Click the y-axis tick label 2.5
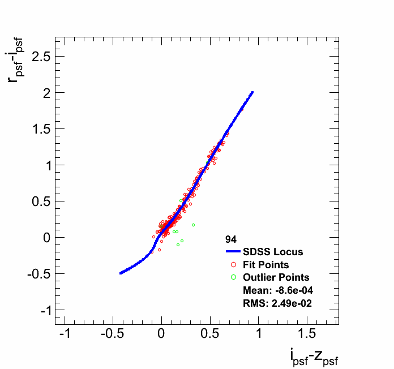[37, 57]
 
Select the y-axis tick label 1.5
[37, 129]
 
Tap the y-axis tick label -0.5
[35, 274]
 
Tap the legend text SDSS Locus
[273, 252]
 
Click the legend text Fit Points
[266, 265]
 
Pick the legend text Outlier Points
[276, 277]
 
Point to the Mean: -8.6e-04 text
[278, 290]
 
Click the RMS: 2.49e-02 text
[277, 303]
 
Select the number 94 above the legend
[231, 239]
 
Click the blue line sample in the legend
[233, 252]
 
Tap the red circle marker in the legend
[233, 265]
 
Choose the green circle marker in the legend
[233, 277]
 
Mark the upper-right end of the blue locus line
[252, 92]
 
